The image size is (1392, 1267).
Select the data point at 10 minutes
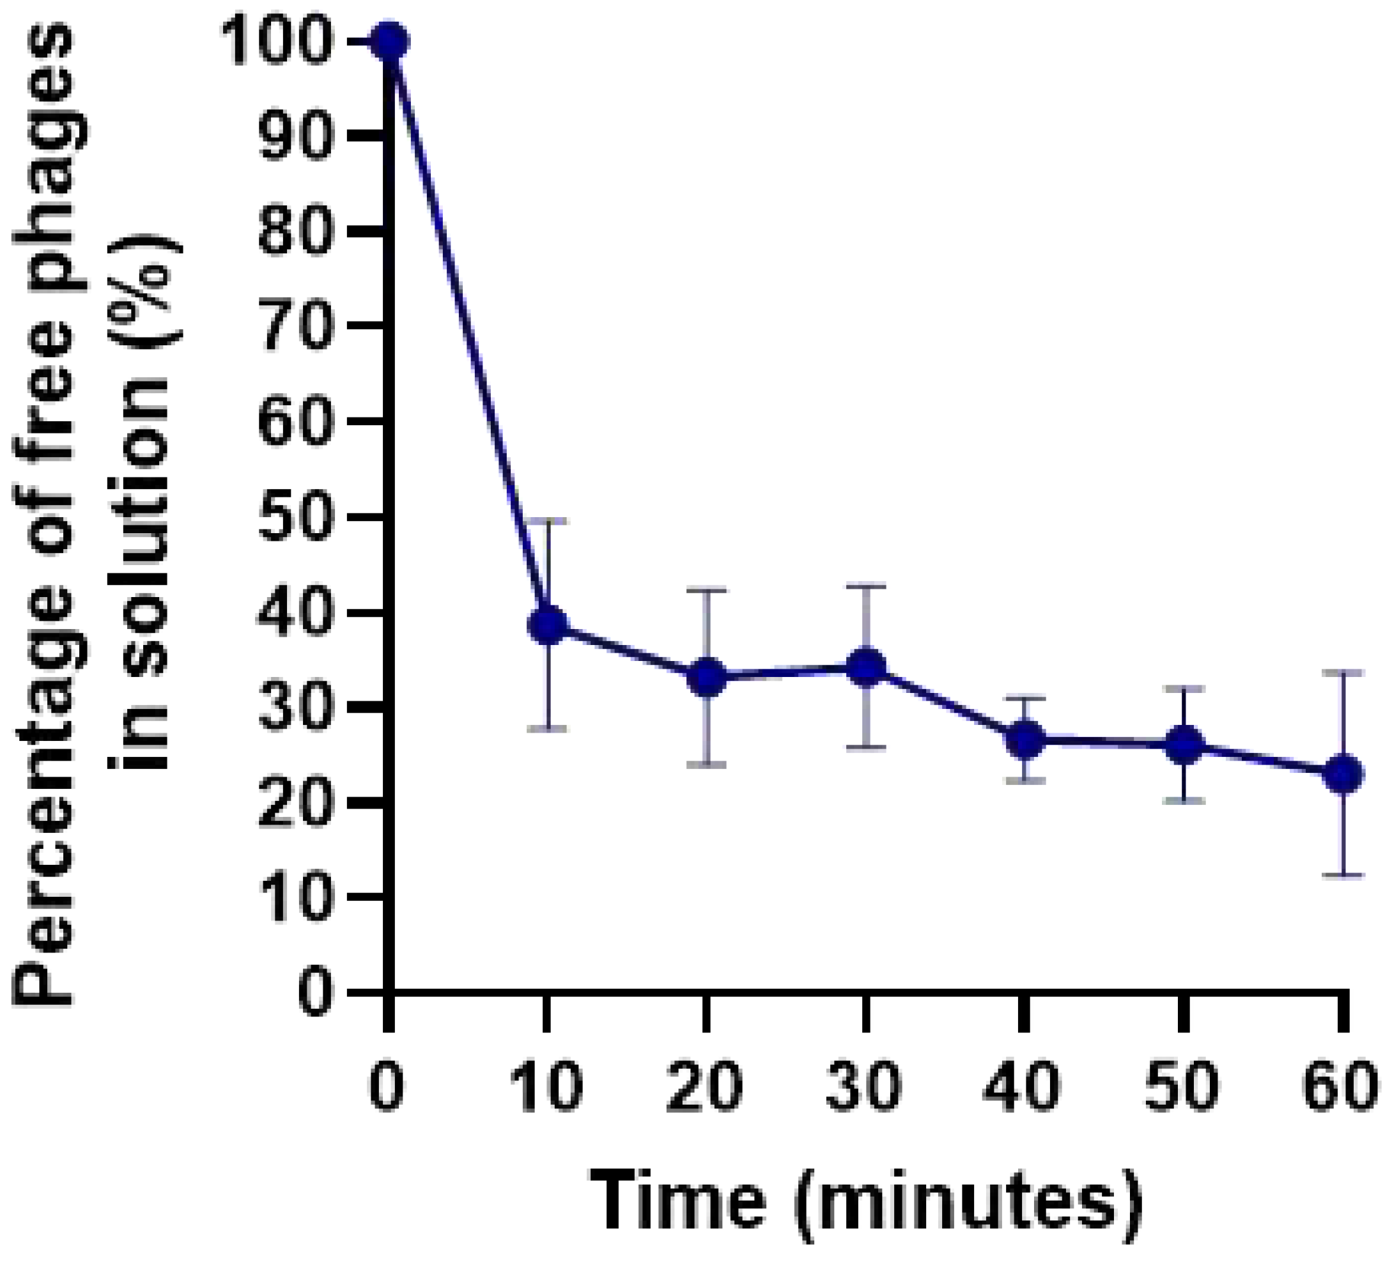[548, 625]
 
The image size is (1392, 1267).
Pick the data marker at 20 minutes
[706, 678]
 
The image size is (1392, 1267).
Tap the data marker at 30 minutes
[866, 667]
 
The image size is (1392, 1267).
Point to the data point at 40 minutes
[1025, 739]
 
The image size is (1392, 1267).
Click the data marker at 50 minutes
[1184, 744]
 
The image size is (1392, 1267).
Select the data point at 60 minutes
[1343, 774]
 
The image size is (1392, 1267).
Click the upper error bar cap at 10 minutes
[548, 520]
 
